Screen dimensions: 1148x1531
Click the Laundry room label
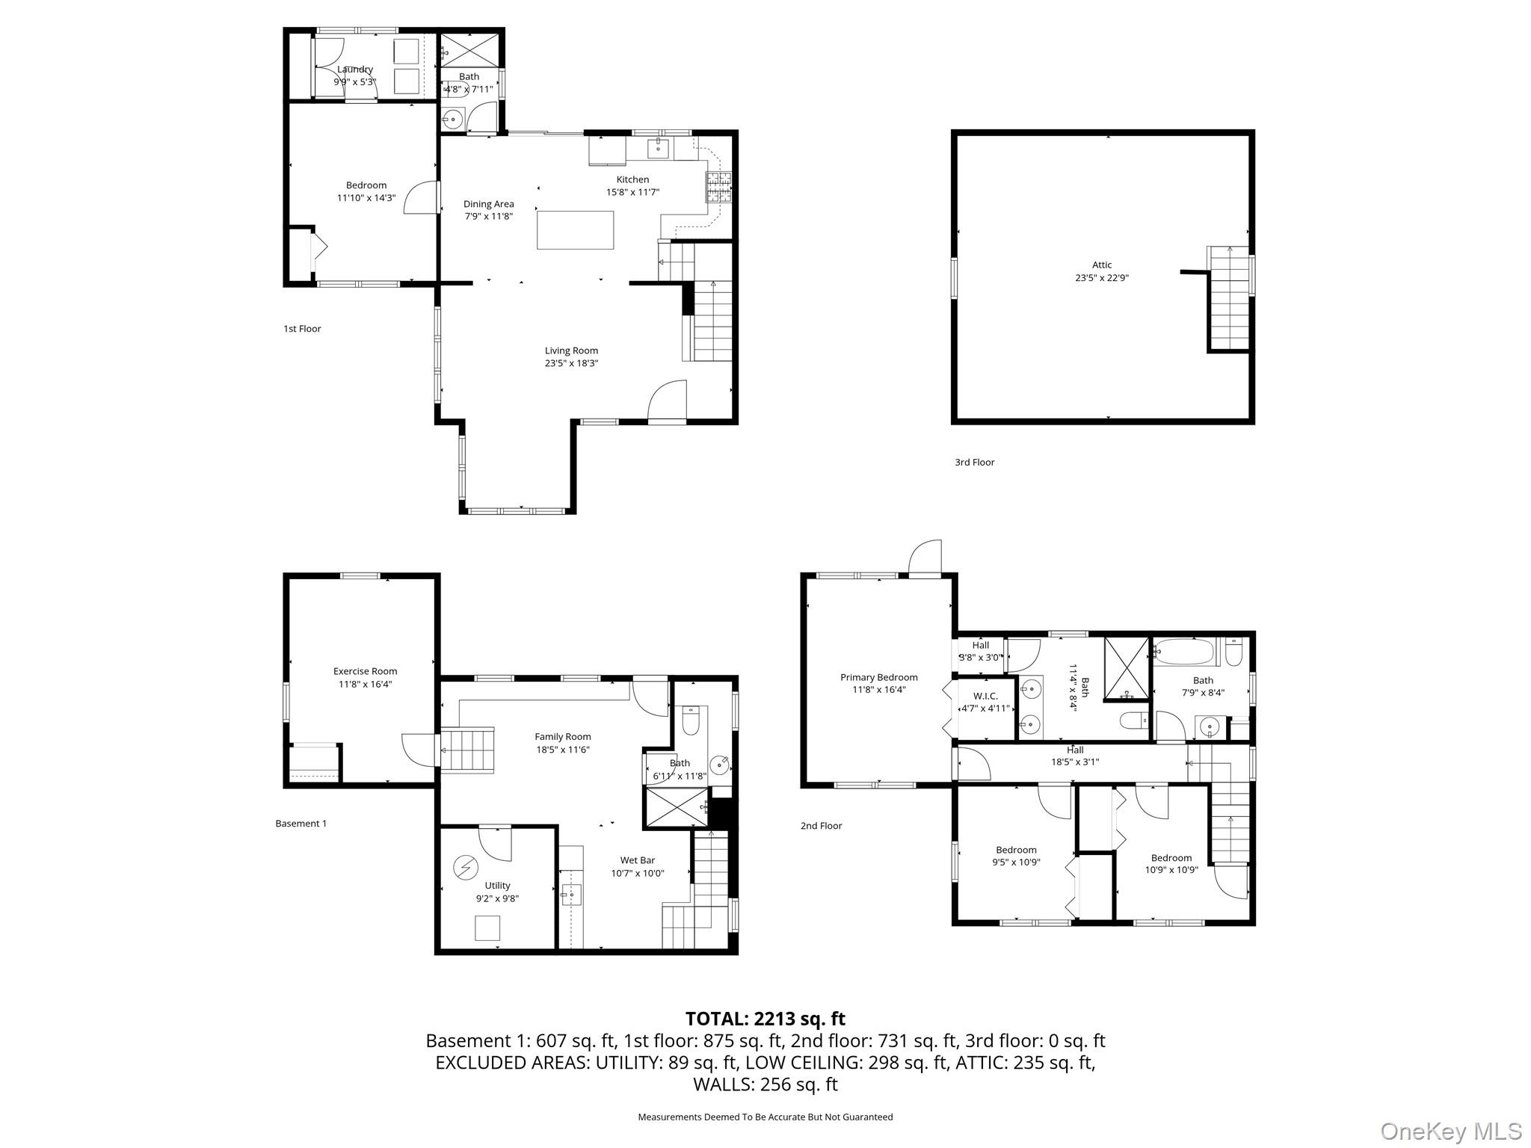(354, 70)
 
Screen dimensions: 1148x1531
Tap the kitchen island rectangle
(575, 229)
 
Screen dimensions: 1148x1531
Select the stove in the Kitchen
(719, 188)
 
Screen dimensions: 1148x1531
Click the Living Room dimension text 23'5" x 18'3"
(571, 363)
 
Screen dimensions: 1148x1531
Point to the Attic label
(1101, 265)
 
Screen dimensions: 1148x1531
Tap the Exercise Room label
(365, 671)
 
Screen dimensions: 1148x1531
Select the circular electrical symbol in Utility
(465, 867)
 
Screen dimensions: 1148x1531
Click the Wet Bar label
(637, 860)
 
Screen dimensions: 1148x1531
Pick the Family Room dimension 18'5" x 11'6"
(562, 750)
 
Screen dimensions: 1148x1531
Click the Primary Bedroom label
(878, 677)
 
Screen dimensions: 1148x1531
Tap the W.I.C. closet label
(985, 696)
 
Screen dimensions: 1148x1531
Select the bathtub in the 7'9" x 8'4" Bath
(1184, 651)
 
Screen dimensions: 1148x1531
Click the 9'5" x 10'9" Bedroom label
(1016, 850)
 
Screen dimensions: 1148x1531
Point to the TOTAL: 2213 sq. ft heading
(765, 1019)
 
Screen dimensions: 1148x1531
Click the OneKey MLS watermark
(1450, 1131)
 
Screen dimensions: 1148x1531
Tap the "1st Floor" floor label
(302, 329)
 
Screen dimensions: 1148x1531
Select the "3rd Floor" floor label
(974, 463)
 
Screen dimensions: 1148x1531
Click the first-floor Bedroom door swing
(421, 197)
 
